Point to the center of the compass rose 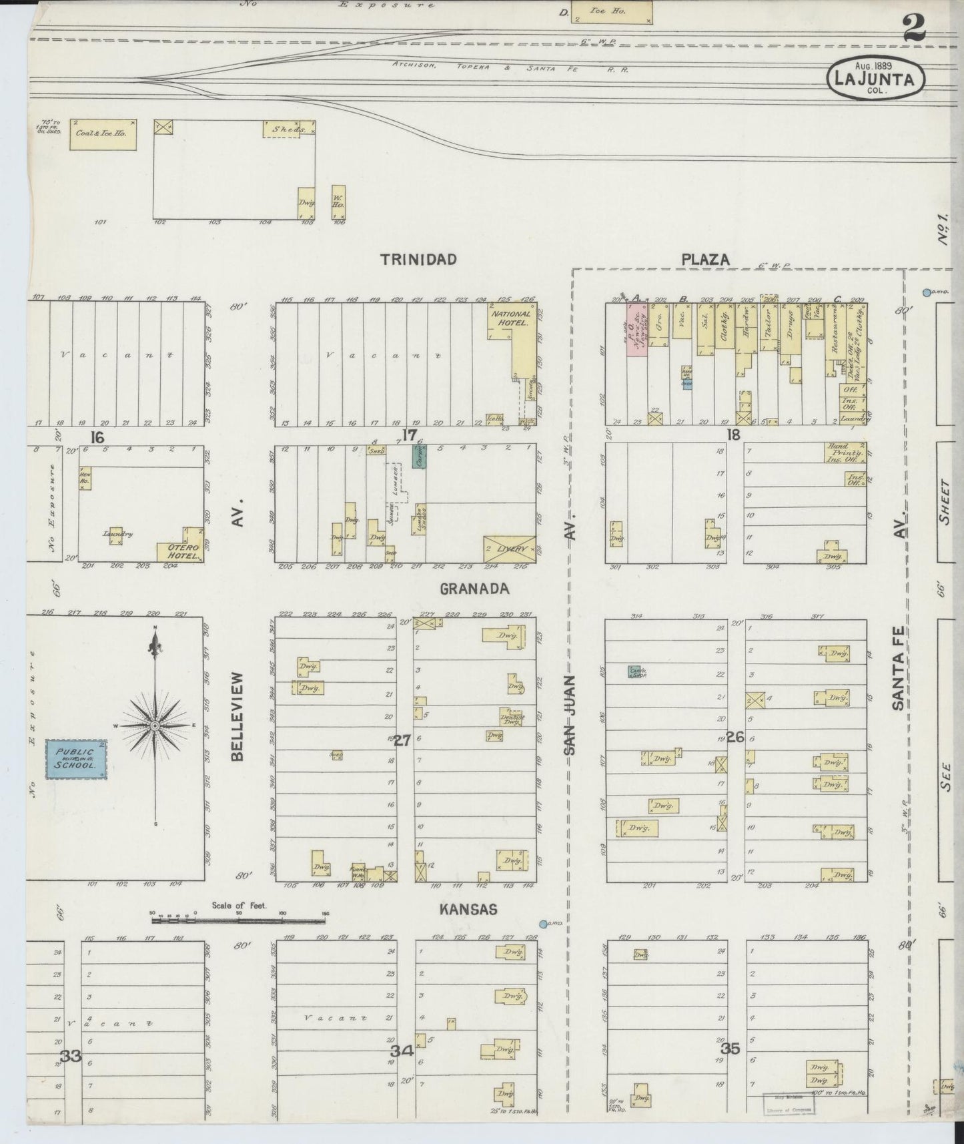click(155, 726)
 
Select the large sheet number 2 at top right click(913, 28)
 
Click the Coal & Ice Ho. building click(103, 133)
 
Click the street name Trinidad click(418, 260)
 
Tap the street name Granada click(474, 589)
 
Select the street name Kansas click(468, 909)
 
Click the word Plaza click(705, 260)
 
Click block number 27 click(403, 740)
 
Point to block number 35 click(731, 1049)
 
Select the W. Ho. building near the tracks click(338, 203)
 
